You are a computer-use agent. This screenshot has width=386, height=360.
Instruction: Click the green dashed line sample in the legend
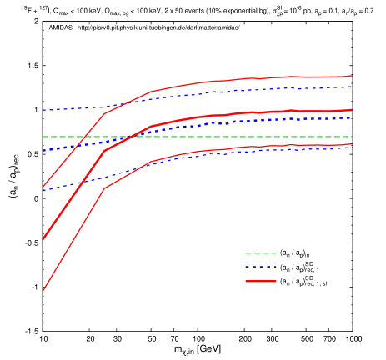260,253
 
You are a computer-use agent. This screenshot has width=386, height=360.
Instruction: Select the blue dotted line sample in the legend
260,267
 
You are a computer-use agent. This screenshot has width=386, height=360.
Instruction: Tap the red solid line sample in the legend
260,282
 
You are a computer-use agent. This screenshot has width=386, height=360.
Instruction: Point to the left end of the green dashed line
43,137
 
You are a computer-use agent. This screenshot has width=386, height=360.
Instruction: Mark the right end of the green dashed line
352,137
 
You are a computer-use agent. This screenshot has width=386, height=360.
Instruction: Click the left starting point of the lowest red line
43,291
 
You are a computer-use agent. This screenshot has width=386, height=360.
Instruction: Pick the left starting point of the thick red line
43,239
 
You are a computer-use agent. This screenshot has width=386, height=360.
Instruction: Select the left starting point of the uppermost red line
43,187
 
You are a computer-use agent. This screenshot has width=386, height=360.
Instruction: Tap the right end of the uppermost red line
352,76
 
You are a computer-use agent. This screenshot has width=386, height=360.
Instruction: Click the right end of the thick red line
352,110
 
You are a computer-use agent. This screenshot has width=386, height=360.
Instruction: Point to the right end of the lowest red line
352,144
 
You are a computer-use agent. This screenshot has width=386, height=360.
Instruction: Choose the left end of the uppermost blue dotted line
43,110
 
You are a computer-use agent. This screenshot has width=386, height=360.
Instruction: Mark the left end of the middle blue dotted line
43,150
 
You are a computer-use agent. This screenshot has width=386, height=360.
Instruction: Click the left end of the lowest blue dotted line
43,190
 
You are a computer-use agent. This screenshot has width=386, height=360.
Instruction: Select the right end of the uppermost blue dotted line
352,87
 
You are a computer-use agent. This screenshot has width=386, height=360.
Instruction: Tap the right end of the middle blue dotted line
352,117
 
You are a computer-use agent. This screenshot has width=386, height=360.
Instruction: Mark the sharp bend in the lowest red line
104,188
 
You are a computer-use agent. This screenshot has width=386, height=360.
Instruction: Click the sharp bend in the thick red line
104,151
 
